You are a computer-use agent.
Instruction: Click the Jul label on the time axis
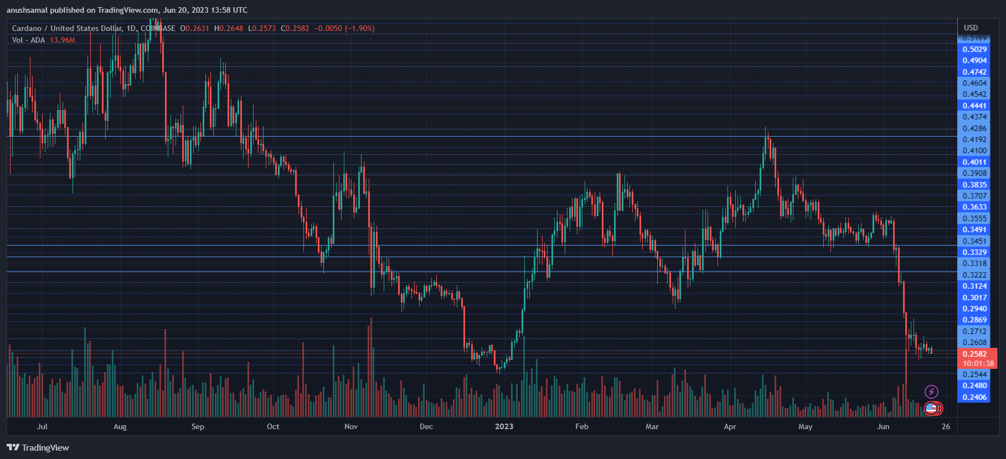pos(42,426)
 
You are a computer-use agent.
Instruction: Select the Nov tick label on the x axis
pos(351,426)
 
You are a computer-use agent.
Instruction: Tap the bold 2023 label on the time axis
pos(504,426)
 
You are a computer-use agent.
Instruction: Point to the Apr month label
pos(730,426)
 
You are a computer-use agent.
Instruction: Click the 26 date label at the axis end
pos(946,426)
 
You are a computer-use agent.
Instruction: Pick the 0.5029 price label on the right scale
pos(974,49)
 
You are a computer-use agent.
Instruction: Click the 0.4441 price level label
pos(974,106)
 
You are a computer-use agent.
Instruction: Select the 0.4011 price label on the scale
pos(974,162)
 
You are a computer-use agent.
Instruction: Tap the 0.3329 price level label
pos(974,252)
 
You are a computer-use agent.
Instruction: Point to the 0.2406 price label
pos(974,397)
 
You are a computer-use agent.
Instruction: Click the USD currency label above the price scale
pos(971,28)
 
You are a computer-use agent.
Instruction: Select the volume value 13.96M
pos(63,40)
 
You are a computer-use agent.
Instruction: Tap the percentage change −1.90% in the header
pos(359,28)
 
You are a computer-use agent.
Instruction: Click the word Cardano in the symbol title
pos(26,28)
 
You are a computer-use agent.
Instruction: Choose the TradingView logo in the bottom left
pos(38,447)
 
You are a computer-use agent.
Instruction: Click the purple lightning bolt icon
pos(931,392)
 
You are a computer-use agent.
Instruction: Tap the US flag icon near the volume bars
pos(931,409)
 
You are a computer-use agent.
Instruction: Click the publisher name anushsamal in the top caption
pos(27,10)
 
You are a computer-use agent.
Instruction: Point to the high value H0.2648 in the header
pos(229,28)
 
